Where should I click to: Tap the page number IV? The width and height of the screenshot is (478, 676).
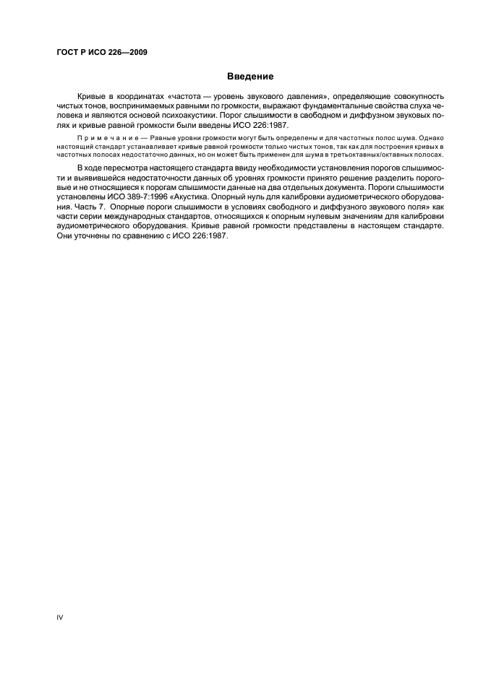pos(60,617)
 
